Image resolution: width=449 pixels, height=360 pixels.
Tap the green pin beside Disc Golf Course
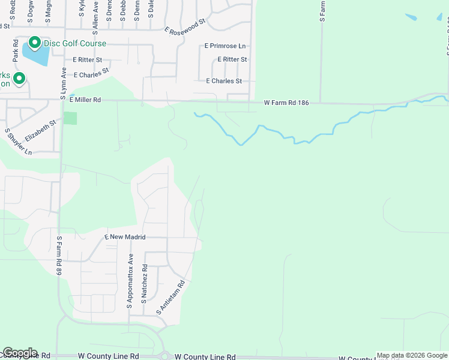(x=34, y=43)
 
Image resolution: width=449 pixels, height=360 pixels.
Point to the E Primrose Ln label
(x=225, y=46)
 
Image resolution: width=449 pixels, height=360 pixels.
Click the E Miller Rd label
(x=85, y=100)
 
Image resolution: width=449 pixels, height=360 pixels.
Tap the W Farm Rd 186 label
(x=286, y=103)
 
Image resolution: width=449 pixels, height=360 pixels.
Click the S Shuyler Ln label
(x=19, y=142)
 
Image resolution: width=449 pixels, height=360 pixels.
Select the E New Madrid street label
(x=125, y=237)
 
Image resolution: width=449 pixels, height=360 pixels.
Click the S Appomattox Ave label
(x=129, y=281)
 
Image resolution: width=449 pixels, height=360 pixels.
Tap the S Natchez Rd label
(x=144, y=283)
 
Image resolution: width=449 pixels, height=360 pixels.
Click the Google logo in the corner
(x=20, y=353)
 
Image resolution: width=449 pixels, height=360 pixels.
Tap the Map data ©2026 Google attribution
(x=412, y=355)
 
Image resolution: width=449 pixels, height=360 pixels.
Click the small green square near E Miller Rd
(x=70, y=118)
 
